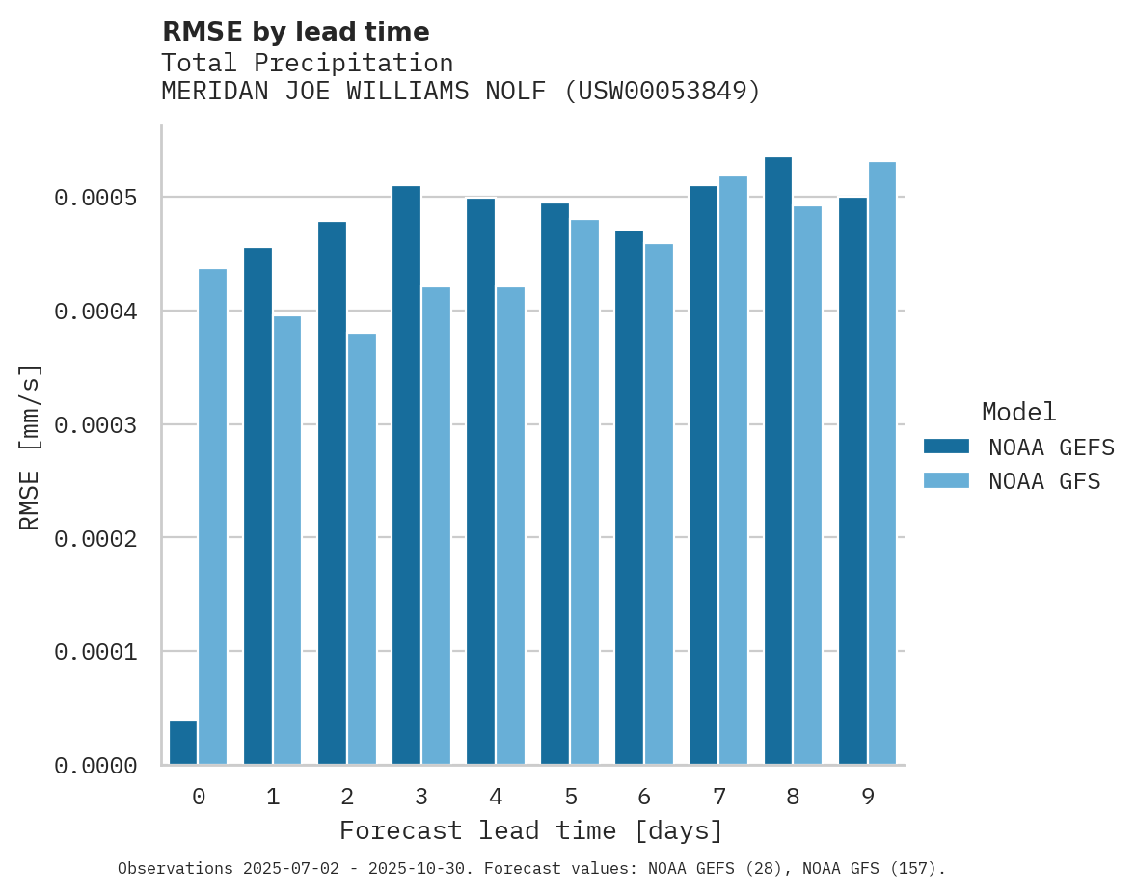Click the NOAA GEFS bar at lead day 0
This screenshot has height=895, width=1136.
point(183,743)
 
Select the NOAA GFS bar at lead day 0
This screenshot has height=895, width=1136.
point(213,517)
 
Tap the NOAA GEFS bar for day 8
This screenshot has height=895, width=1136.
point(778,461)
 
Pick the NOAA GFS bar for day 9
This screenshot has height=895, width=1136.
point(882,463)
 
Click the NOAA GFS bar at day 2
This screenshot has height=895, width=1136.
point(362,549)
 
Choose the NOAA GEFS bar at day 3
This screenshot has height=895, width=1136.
point(406,475)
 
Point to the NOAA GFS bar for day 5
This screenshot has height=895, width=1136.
point(584,492)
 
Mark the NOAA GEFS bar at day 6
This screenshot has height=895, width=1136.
point(630,498)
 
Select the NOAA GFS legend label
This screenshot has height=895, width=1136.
point(1043,480)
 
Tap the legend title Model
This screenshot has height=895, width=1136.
point(1018,412)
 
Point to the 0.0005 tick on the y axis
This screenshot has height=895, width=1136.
point(95,198)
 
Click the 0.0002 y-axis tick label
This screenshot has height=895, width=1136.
point(95,538)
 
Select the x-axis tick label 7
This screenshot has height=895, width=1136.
point(718,797)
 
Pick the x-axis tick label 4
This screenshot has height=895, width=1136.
point(496,797)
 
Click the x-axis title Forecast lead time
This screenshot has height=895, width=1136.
point(531,830)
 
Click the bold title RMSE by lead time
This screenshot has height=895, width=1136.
point(295,32)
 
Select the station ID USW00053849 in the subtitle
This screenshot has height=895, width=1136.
point(662,92)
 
